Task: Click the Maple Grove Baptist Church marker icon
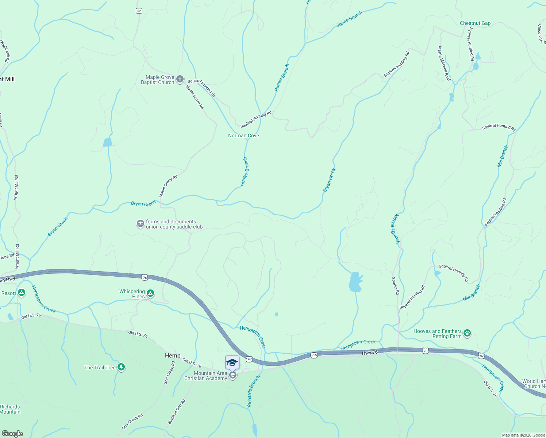coord(180,79)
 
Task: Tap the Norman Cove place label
coord(243,135)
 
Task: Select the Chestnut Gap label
coord(475,23)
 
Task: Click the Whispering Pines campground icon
coord(150,293)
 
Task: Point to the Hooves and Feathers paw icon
coord(467,333)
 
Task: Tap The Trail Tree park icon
coord(121,367)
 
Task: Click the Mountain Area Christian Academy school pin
coord(232,363)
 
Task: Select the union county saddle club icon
coord(140,224)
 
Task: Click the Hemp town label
coord(173,356)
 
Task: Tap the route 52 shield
coord(139,11)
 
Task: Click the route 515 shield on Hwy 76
coord(314,355)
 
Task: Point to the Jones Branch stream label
coord(349,19)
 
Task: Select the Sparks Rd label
coord(395,286)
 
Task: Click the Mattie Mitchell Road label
coord(445,64)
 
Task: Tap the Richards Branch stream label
coord(253,391)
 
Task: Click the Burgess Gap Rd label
coord(177,412)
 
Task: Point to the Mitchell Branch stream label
coord(395,229)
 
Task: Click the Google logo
coord(12,433)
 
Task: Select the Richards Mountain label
coord(10,409)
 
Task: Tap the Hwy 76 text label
coord(370,353)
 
